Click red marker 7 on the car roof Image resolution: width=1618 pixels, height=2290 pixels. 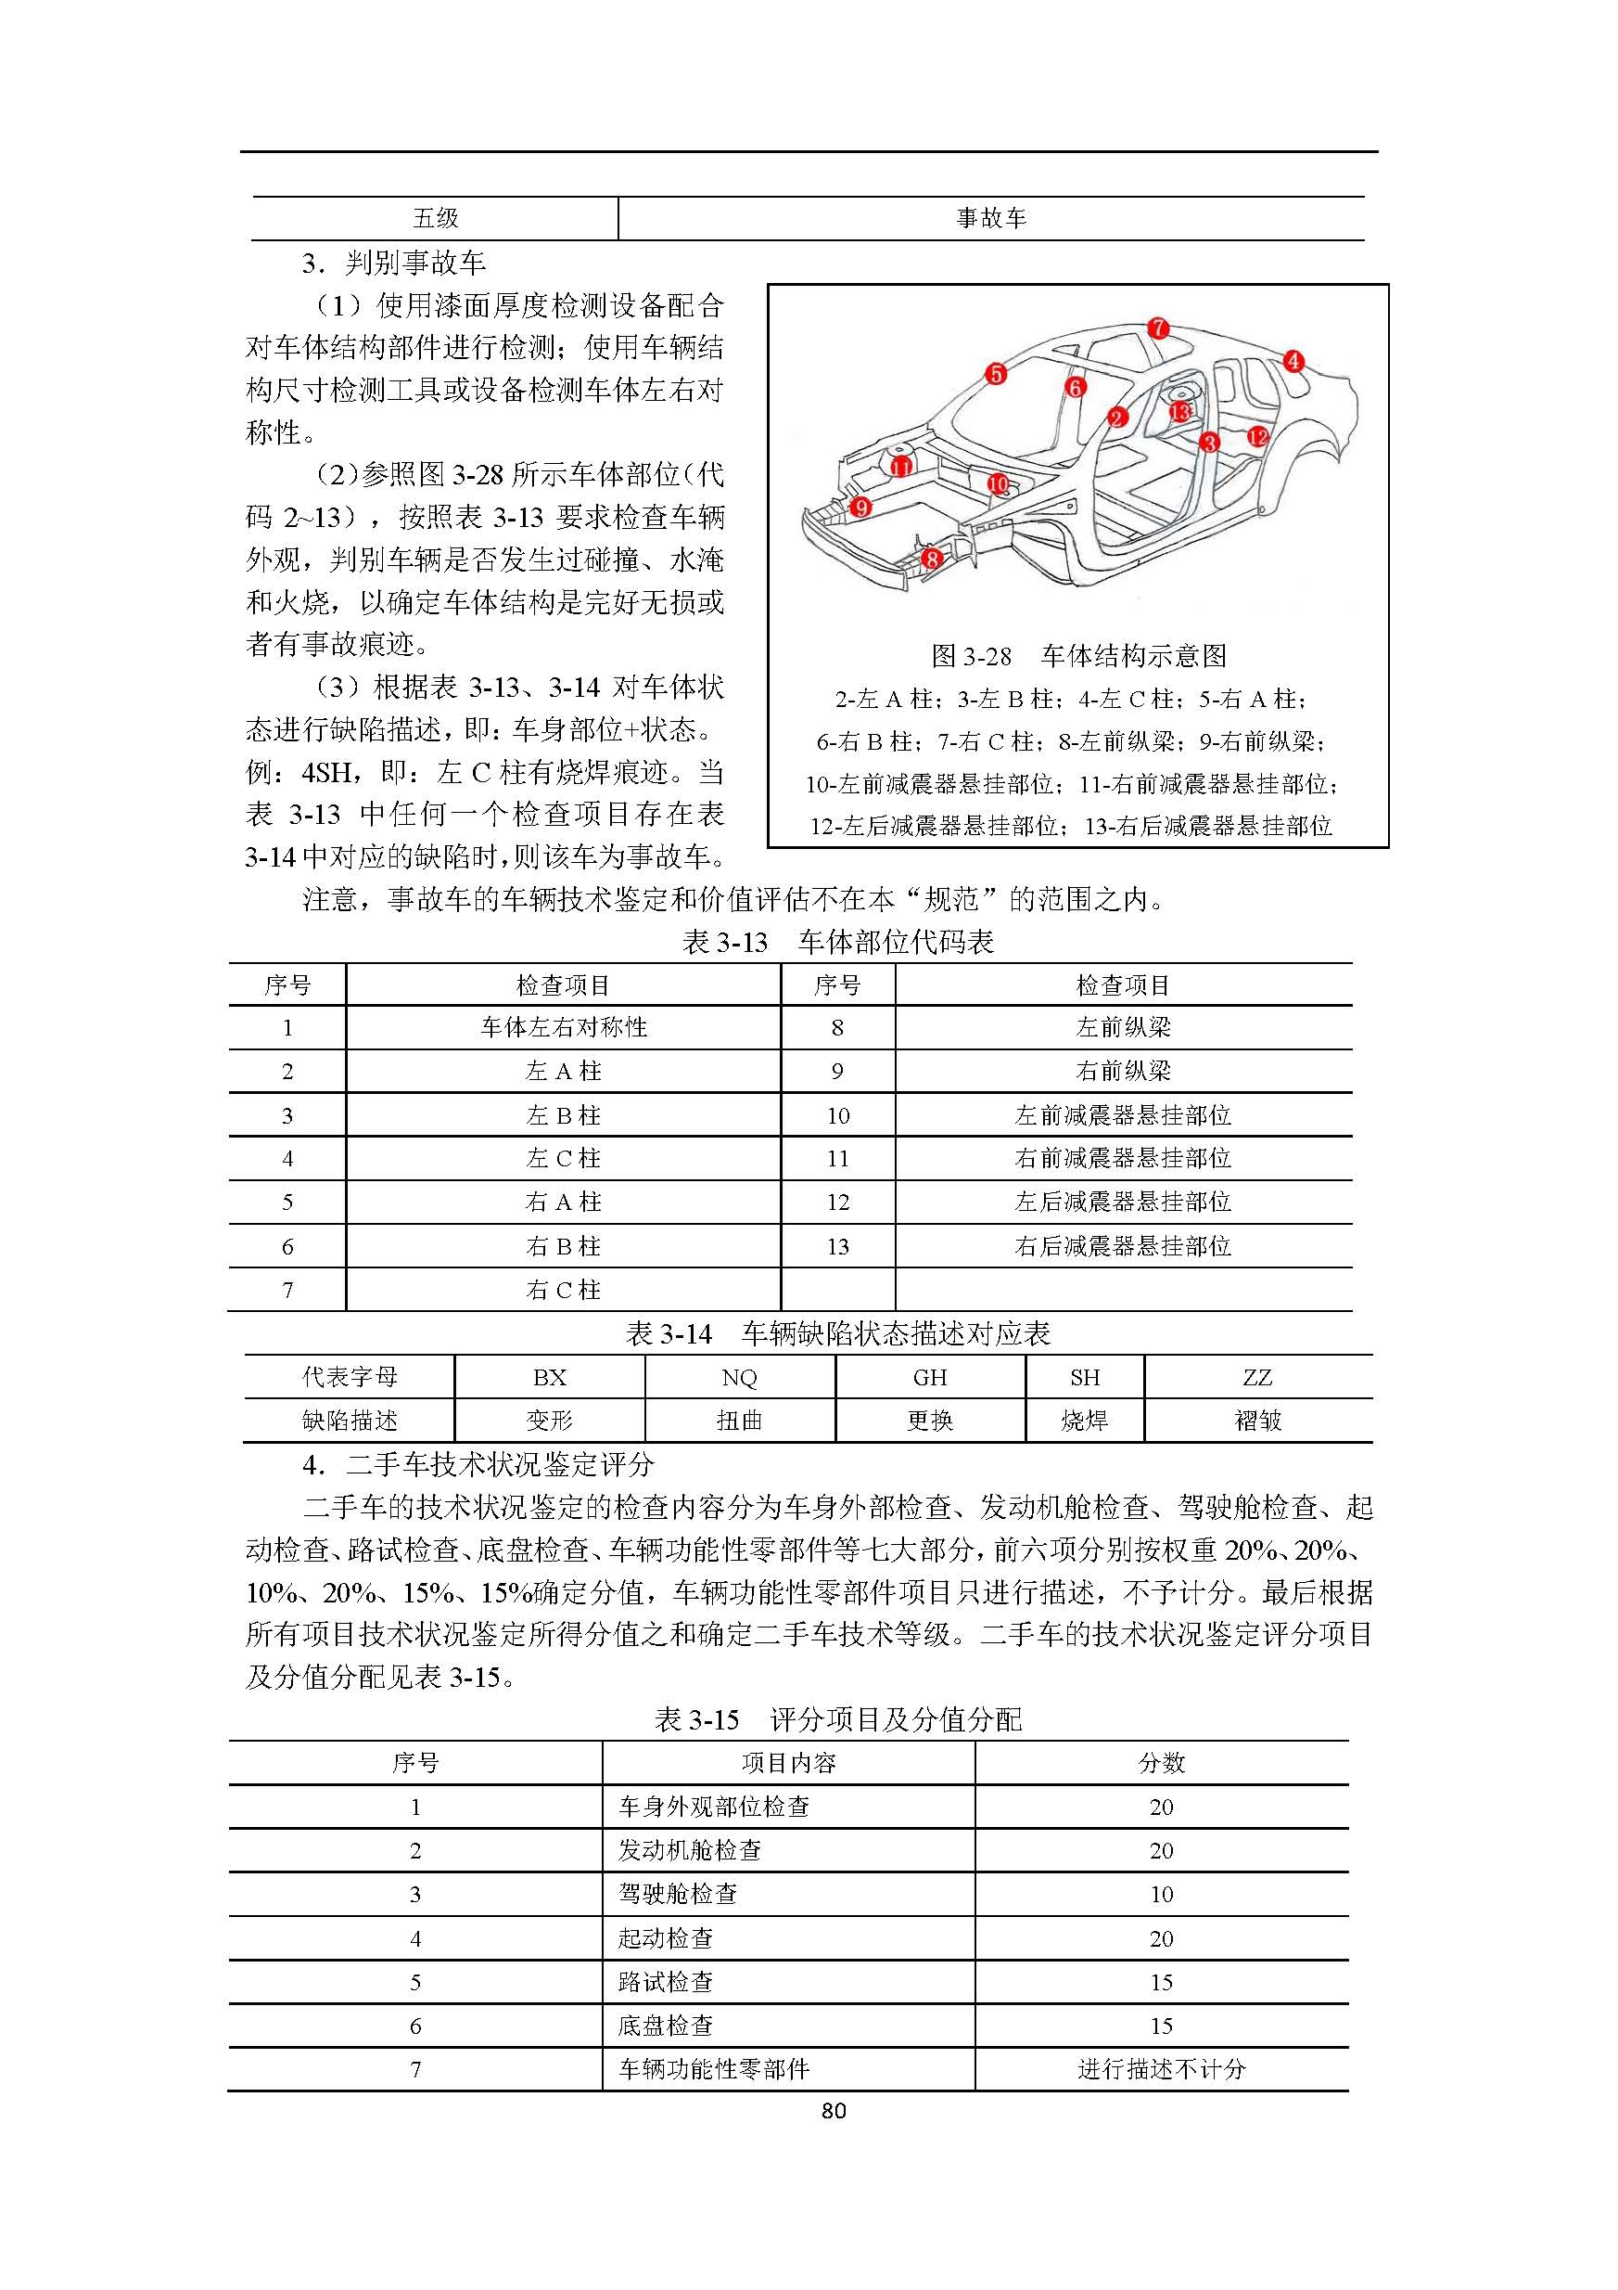(1157, 328)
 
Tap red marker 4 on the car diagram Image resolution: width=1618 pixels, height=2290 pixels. (1293, 361)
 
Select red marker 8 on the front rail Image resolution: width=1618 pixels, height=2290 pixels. (931, 558)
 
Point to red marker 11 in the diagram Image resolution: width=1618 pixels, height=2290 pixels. (900, 467)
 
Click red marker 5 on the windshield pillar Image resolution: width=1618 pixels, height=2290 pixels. (996, 374)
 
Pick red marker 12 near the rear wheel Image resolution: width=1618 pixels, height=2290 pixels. (1258, 437)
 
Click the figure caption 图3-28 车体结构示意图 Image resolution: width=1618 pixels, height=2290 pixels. (1077, 655)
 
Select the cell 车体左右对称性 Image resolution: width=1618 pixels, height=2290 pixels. (563, 1027)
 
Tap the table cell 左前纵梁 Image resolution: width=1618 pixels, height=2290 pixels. (1123, 1027)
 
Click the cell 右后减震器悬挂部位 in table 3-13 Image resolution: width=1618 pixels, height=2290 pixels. (1123, 1246)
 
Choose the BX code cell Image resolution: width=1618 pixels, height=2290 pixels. (549, 1377)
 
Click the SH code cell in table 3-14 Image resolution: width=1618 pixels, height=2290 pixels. (1085, 1377)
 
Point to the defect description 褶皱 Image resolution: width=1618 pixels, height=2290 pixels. (1257, 1421)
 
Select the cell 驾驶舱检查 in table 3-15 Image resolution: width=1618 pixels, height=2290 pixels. (678, 1894)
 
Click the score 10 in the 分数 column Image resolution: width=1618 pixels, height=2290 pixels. (1162, 1894)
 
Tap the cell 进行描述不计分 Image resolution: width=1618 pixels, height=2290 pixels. (1162, 2069)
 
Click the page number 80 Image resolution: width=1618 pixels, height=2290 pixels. (834, 2111)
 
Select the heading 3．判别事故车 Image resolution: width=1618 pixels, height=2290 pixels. (394, 264)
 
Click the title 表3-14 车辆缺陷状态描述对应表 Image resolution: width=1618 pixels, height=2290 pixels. (837, 1333)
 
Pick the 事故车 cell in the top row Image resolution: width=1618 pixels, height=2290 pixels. (991, 218)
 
